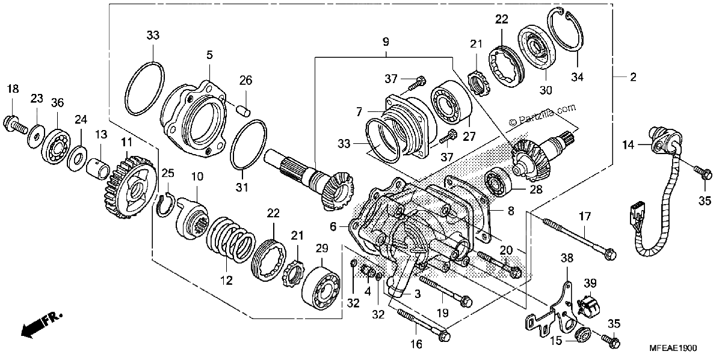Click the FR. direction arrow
41,325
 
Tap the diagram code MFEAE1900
673,349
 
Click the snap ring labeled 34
566,29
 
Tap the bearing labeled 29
321,288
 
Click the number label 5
209,55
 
